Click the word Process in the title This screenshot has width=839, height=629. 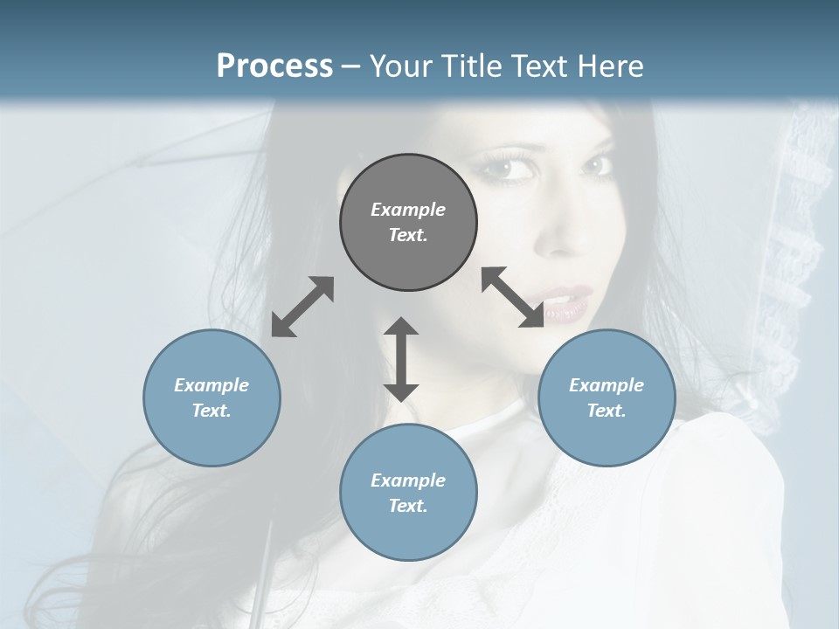click(x=274, y=66)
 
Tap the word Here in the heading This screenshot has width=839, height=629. click(x=609, y=66)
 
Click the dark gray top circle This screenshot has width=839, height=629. click(x=408, y=223)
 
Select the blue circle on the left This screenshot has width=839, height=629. click(x=211, y=397)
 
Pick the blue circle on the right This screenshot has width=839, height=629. click(x=607, y=397)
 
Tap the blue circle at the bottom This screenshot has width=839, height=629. click(x=408, y=493)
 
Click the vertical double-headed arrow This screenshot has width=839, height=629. click(x=401, y=359)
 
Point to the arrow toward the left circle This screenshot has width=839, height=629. click(x=302, y=307)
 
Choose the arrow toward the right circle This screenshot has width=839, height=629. click(x=513, y=297)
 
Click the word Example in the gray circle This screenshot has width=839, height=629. click(x=408, y=210)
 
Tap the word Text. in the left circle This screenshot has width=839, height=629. click(x=211, y=411)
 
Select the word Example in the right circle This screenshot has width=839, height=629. click(x=607, y=385)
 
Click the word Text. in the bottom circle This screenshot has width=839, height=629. click(x=408, y=506)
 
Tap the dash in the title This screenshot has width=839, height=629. click(x=351, y=66)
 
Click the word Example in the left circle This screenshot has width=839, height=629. click(x=211, y=385)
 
